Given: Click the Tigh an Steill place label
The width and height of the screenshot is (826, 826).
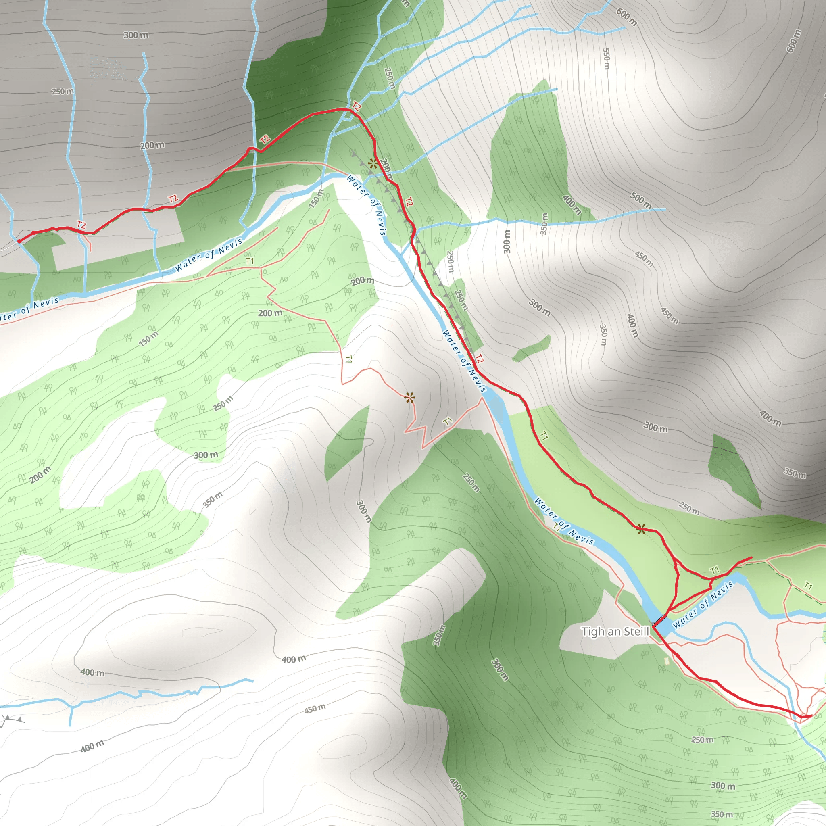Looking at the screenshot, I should (x=615, y=632).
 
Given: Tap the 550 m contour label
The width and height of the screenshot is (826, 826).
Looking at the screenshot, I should (x=606, y=58).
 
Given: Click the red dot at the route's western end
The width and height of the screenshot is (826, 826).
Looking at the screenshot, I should (x=19, y=241).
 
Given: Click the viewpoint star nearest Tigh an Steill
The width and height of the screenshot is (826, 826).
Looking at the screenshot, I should (x=641, y=529).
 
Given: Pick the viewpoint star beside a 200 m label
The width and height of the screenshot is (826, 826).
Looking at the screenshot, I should (x=373, y=163).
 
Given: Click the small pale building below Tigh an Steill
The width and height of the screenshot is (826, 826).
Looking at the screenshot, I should (x=667, y=661).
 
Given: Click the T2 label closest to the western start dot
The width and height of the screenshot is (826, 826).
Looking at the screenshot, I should (x=81, y=225).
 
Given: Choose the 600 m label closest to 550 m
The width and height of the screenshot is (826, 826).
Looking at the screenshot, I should (x=626, y=17).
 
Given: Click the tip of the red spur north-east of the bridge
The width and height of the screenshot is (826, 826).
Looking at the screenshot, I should (x=751, y=558).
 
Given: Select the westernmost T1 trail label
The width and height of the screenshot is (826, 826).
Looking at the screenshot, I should (x=250, y=261).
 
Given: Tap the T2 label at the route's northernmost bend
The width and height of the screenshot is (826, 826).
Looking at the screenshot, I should (x=356, y=106).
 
